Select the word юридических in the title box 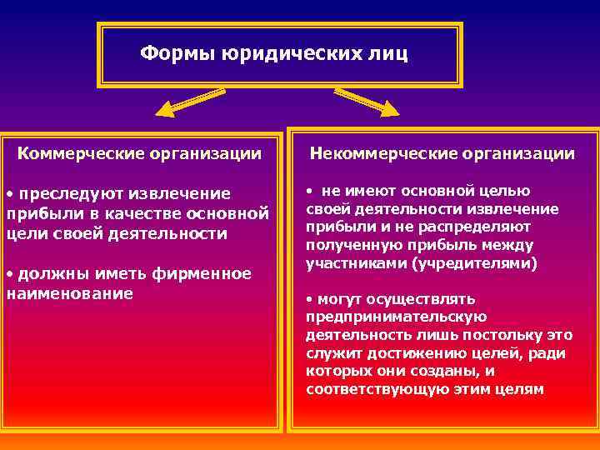[291, 54]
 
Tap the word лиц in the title [388, 54]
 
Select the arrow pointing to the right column [367, 102]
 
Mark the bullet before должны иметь [9, 274]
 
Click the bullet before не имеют [309, 191]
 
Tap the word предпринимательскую [396, 317]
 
